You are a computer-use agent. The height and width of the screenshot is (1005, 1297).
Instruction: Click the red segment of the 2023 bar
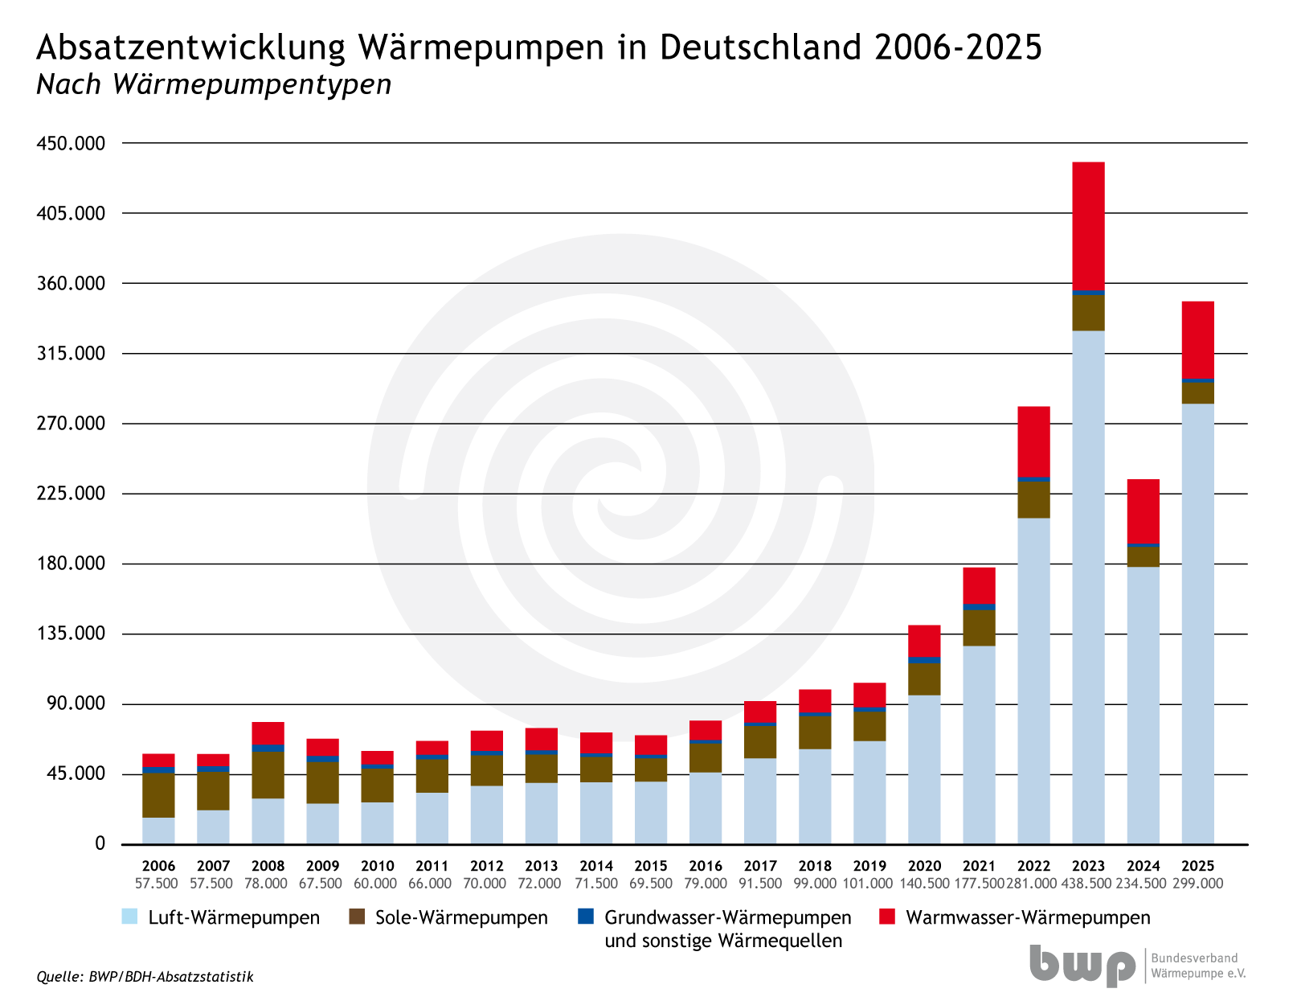(1088, 226)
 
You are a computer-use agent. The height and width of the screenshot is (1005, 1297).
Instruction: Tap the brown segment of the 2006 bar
(158, 795)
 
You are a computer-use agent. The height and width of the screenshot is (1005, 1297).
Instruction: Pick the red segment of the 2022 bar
(1033, 441)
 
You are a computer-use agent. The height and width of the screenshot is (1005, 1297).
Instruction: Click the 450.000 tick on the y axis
(72, 144)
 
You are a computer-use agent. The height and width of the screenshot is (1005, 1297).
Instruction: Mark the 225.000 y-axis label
(72, 494)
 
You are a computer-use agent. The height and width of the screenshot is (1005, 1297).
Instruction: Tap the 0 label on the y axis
(100, 843)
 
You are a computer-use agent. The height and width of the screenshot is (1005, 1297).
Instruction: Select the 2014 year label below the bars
(596, 866)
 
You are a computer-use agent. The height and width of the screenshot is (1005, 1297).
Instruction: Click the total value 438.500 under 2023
(1088, 884)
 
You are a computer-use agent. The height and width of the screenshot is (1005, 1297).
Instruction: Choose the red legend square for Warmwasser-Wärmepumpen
(887, 917)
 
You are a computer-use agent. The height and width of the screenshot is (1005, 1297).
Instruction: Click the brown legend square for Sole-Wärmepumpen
(357, 917)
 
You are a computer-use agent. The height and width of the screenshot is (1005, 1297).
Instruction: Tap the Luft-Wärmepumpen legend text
(234, 917)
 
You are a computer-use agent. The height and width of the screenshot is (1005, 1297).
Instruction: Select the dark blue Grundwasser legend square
(586, 917)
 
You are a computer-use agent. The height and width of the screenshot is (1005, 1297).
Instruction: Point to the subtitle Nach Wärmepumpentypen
(214, 84)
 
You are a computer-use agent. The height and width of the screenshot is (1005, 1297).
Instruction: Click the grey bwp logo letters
(1082, 965)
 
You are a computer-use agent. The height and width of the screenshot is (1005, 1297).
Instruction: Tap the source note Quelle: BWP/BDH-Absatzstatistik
(145, 977)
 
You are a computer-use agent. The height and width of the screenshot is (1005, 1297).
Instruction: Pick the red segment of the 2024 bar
(1143, 511)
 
